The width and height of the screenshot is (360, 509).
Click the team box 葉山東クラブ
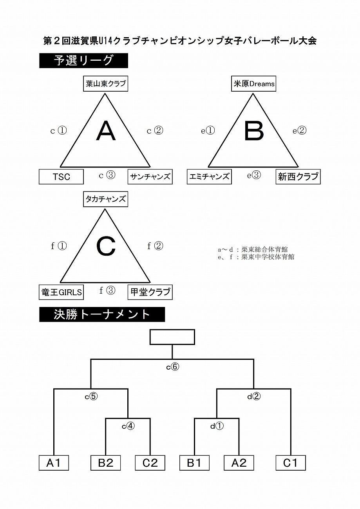(x=105, y=84)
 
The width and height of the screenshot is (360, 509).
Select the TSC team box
(x=61, y=177)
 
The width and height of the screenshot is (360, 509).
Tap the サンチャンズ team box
(x=150, y=177)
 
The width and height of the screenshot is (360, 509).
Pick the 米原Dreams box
(x=253, y=84)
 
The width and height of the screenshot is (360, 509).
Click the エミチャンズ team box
(x=209, y=177)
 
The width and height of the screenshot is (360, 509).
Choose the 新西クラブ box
(x=298, y=177)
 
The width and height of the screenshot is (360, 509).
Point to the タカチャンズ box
(x=105, y=199)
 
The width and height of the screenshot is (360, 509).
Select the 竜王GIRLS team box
(x=61, y=292)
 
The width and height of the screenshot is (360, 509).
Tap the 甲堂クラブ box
(x=150, y=292)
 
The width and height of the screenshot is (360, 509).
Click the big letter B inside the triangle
(x=254, y=131)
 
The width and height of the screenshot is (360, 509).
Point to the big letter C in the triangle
(x=106, y=247)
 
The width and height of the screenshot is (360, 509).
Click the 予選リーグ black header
(x=84, y=60)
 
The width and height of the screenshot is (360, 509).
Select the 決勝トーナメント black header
(x=102, y=314)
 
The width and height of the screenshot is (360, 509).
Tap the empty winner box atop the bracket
(x=172, y=337)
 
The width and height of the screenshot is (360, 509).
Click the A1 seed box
(x=54, y=463)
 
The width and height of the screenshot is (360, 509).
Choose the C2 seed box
(x=150, y=463)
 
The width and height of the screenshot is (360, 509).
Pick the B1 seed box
(x=194, y=463)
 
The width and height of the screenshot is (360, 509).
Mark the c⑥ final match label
(x=173, y=366)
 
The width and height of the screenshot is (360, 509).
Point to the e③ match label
(x=254, y=175)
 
